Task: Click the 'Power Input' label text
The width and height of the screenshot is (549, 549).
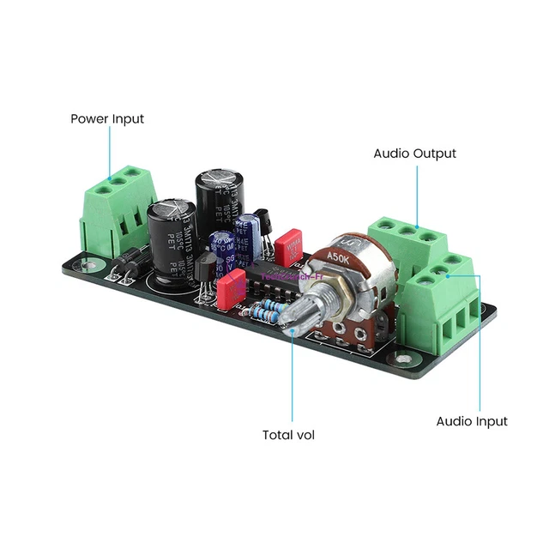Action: [107, 118]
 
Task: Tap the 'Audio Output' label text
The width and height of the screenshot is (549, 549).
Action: [414, 154]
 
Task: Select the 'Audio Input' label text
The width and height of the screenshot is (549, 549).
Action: [472, 421]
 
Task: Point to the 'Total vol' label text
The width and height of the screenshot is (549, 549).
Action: [288, 435]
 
